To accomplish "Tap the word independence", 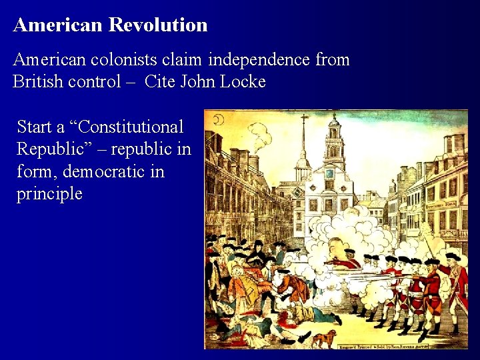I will (259, 60).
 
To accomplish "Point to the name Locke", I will (242, 83).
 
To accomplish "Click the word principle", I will (49, 195).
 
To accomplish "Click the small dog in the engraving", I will (325, 338).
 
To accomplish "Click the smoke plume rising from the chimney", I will (261, 137).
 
